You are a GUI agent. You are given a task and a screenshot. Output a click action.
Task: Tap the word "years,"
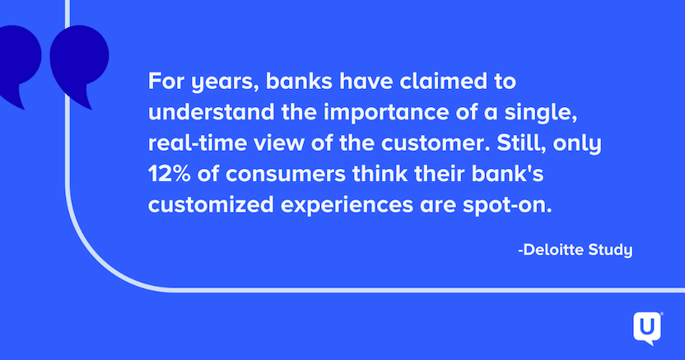pos(226,83)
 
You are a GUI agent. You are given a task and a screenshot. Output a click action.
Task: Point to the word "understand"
pos(211,112)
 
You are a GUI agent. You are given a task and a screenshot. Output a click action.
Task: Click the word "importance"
pos(386,114)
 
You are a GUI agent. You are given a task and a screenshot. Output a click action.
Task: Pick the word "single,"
pos(541,114)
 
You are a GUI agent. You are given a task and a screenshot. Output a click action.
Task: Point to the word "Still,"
pos(522,143)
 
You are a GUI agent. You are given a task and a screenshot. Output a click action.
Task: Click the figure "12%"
pos(169,175)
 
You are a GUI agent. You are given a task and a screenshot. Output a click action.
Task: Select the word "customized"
pos(211,205)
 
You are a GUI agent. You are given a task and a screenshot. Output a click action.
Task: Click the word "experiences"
pos(347,206)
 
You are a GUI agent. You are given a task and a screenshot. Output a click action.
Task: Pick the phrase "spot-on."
pos(508,206)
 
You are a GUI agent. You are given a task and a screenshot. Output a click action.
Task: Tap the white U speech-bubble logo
pos(648,328)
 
